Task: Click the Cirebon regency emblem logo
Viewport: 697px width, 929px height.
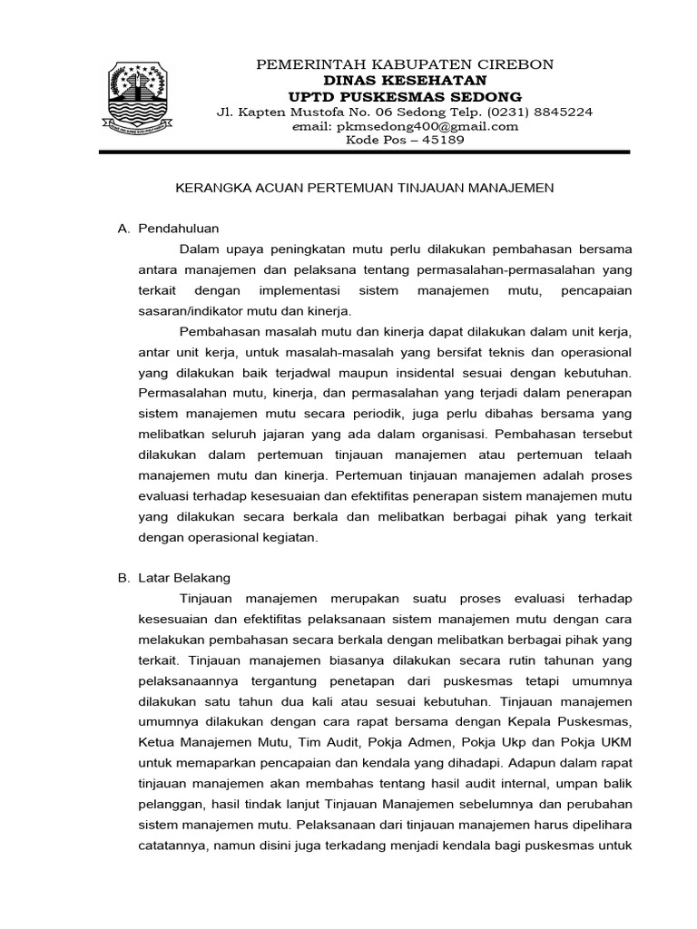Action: coord(148,101)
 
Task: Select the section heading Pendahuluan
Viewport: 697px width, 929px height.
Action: coord(179,229)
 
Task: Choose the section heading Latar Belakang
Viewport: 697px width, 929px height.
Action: coord(184,577)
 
